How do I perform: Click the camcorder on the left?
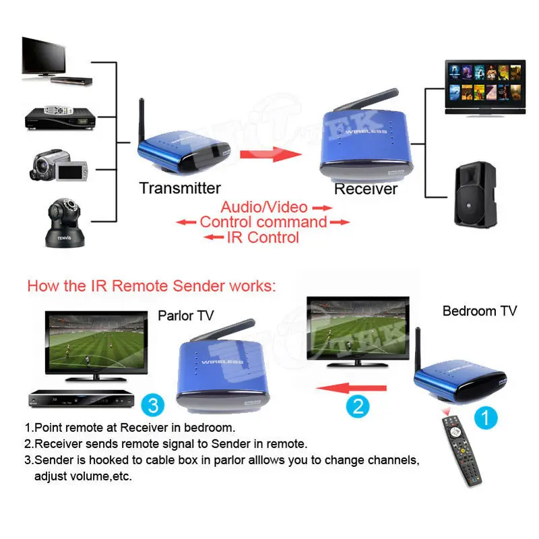59,165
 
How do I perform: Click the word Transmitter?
180,188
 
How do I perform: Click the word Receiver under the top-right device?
366,189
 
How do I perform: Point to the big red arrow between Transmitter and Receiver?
269,154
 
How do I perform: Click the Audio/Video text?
263,207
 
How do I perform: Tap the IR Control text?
263,236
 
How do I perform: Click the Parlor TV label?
185,315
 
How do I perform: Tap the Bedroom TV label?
479,311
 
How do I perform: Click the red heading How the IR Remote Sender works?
152,286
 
